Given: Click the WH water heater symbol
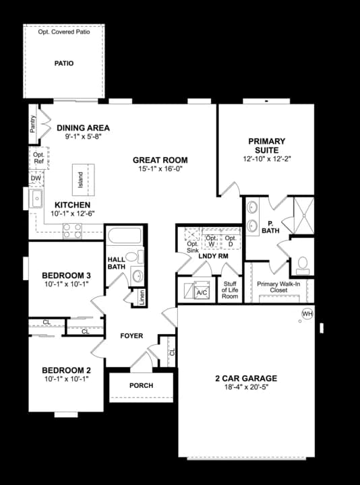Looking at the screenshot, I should [307, 314].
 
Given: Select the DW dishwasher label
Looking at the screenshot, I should [36, 178].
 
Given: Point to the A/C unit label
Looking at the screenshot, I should [202, 293].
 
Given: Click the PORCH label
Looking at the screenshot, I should [141, 385].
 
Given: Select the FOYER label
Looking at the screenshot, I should [131, 335].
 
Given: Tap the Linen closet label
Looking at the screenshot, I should [142, 297].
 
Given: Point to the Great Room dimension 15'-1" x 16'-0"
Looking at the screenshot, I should [160, 170].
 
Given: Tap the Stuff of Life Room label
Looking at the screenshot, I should [231, 290].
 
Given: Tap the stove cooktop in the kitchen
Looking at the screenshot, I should [72, 231].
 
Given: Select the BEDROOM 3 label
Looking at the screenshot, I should [66, 276].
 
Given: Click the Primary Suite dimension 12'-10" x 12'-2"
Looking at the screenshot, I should [267, 159].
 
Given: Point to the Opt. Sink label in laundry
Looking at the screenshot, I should [193, 247].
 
